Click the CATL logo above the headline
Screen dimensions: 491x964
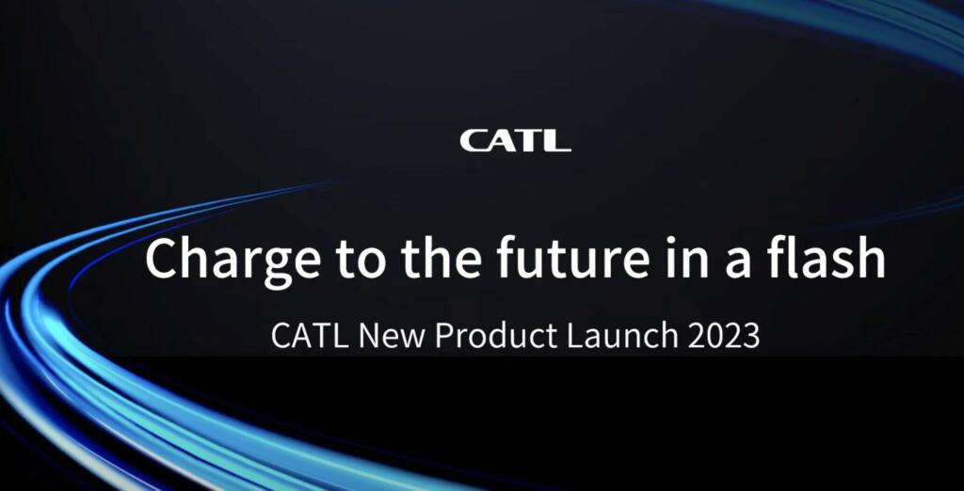tap(515, 141)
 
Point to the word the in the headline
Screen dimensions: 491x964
tap(413, 258)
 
